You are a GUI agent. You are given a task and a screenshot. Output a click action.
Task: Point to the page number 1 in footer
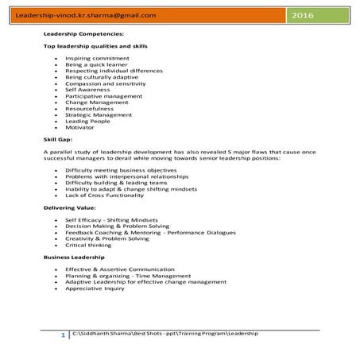click(x=63, y=336)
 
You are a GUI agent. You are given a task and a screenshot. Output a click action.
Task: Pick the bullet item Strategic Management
click(x=99, y=114)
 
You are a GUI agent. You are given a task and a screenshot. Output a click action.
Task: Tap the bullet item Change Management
click(x=96, y=102)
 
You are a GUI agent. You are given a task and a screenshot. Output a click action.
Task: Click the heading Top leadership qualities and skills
click(x=95, y=47)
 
